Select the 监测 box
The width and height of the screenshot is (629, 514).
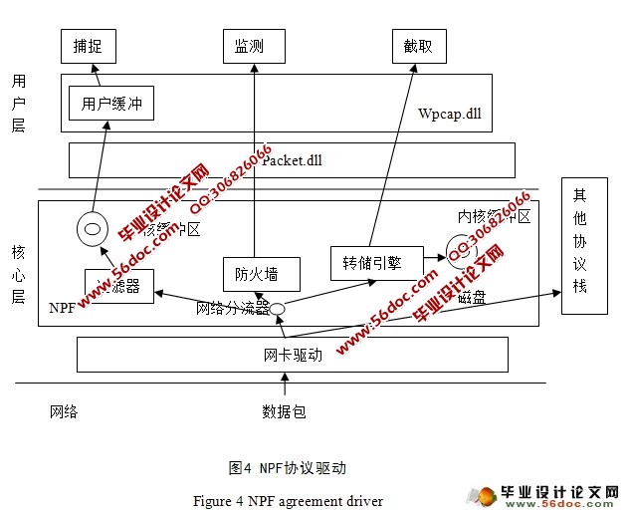pyautogui.click(x=249, y=45)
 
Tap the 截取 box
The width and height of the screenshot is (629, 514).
pyautogui.click(x=418, y=45)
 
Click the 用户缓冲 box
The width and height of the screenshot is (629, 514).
pyautogui.click(x=110, y=103)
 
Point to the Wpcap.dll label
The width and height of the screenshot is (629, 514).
pyautogui.click(x=449, y=115)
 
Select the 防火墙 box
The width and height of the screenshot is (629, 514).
pyautogui.click(x=256, y=272)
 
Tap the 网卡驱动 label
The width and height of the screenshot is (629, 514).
pyautogui.click(x=293, y=355)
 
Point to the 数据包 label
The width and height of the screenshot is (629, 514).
pyautogui.click(x=284, y=410)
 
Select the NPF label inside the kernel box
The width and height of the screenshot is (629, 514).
pyautogui.click(x=62, y=309)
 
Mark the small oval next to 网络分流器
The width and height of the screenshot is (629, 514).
pyautogui.click(x=280, y=309)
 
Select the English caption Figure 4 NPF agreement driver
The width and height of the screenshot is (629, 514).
pyautogui.click(x=288, y=500)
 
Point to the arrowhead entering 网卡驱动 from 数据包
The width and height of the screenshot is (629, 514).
pyautogui.click(x=285, y=377)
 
